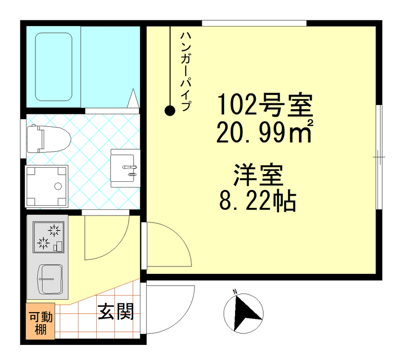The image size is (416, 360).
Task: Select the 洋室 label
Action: (x=257, y=176)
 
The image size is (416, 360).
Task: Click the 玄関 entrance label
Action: (x=116, y=312)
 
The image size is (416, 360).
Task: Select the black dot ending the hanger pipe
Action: (x=170, y=110)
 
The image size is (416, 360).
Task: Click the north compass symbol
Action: (x=242, y=312)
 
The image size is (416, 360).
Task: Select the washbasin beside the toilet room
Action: (x=125, y=168)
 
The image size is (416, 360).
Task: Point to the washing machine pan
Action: (x=47, y=186)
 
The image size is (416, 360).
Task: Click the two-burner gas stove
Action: (x=48, y=236)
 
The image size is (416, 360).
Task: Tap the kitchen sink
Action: (x=50, y=279)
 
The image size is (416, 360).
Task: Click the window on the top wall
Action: (x=254, y=22)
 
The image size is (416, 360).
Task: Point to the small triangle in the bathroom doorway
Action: (x=133, y=98)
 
